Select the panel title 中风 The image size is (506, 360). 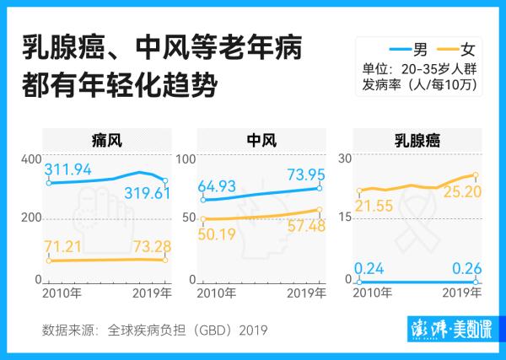[x=261, y=139]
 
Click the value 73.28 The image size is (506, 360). [x=140, y=245]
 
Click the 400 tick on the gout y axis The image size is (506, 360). [x=31, y=159]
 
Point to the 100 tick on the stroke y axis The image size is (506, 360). [x=185, y=159]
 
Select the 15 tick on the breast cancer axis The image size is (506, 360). [x=342, y=218]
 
